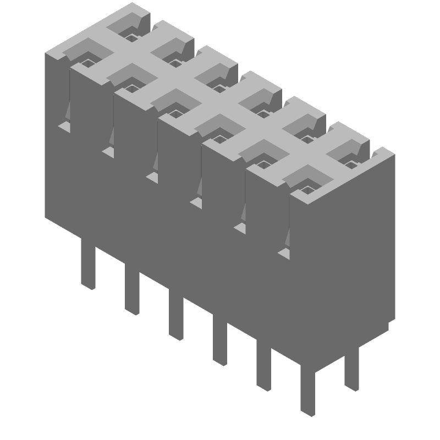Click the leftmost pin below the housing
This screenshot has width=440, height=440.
point(88,267)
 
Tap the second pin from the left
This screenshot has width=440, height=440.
point(131,292)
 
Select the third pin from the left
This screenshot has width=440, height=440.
point(176,317)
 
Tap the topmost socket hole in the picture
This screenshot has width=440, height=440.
point(131,36)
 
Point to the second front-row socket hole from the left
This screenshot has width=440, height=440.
point(131,87)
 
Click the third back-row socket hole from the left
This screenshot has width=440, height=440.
point(219,87)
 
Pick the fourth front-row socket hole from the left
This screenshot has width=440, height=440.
point(219,139)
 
